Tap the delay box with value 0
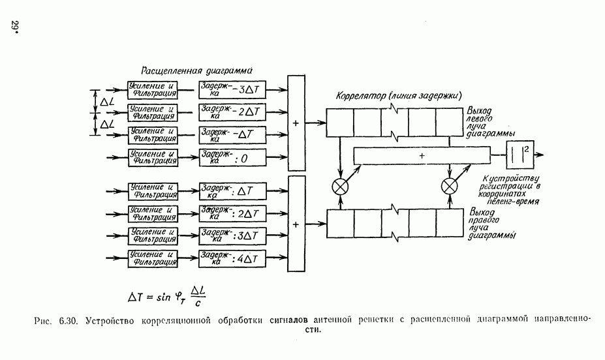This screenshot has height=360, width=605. click(232, 157)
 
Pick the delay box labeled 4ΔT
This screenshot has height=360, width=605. click(232, 258)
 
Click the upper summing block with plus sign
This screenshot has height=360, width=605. click(296, 123)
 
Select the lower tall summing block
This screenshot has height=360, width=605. click(296, 224)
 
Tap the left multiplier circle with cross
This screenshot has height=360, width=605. click(340, 186)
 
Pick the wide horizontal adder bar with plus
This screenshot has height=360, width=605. click(422, 156)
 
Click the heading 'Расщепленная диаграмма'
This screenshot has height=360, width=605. click(196, 70)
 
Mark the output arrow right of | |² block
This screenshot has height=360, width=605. click(542, 156)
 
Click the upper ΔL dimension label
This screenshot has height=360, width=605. click(106, 101)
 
